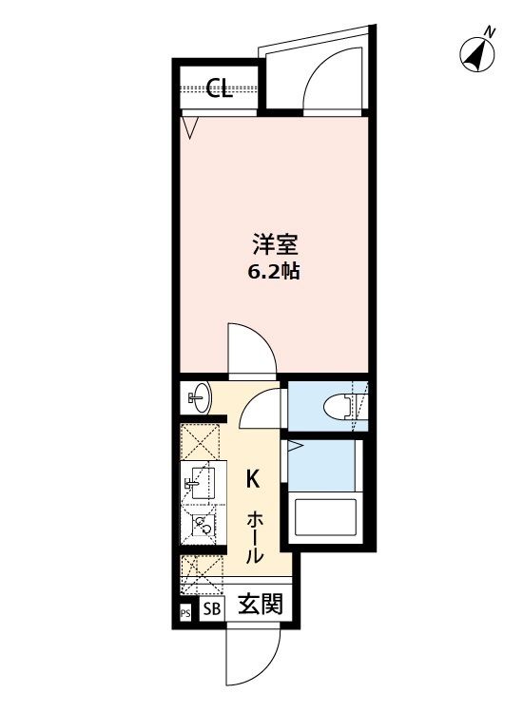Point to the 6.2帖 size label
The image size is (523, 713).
274,272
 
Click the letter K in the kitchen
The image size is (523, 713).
254,478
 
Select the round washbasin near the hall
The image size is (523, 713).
200,397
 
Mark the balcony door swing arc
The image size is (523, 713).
326,76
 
